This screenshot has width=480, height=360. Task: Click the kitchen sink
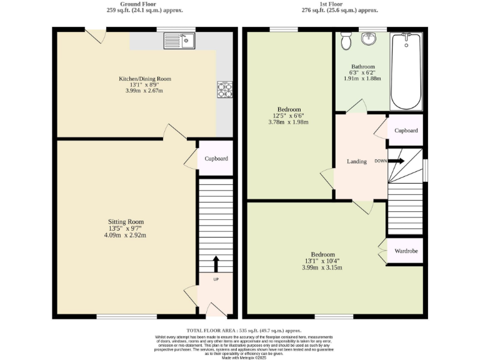click(x=180, y=41)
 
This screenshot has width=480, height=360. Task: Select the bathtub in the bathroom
click(x=407, y=72)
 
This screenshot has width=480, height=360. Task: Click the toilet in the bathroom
click(x=347, y=41)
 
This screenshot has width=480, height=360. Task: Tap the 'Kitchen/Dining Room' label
click(x=145, y=79)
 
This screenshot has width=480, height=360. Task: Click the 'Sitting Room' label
click(x=126, y=221)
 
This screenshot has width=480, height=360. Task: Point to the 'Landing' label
click(x=357, y=162)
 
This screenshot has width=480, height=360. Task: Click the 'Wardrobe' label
click(x=405, y=252)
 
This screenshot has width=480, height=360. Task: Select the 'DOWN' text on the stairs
click(x=380, y=161)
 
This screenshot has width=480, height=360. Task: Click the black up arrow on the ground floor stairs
click(x=216, y=262)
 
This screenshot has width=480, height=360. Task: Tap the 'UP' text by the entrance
click(x=216, y=279)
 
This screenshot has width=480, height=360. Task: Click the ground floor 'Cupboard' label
click(x=216, y=159)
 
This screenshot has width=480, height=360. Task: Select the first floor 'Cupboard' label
click(x=406, y=131)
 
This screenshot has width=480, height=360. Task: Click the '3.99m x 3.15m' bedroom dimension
click(x=323, y=267)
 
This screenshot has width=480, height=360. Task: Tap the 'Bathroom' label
click(x=362, y=67)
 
